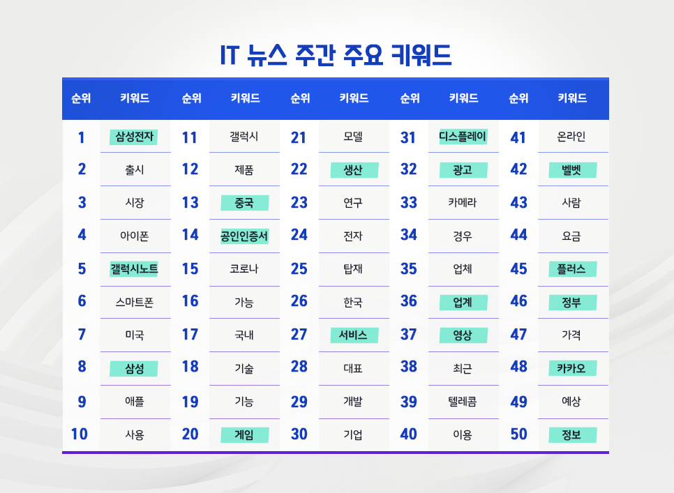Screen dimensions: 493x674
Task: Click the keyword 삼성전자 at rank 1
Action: [x=134, y=137]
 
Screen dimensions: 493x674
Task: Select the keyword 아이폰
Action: [x=134, y=236]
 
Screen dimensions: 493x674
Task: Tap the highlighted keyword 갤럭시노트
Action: [x=134, y=268]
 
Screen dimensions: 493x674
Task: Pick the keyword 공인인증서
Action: [x=244, y=236]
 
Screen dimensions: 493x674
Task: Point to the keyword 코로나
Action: [x=244, y=268]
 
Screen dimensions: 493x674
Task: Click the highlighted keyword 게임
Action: [x=244, y=435]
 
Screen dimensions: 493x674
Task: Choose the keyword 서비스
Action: [x=353, y=335]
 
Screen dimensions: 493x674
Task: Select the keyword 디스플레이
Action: [x=463, y=137]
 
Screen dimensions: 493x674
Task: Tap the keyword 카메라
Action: [x=463, y=203]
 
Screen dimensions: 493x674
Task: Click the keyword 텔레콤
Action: [x=463, y=402]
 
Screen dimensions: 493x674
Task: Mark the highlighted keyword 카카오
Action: [x=571, y=367]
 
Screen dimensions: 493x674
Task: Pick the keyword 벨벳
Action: [x=571, y=169]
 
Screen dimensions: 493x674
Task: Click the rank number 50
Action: [x=518, y=434]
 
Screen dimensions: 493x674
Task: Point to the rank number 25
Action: [x=299, y=268]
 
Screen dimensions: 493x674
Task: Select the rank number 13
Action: [x=190, y=203]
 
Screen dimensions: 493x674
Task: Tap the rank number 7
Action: [x=82, y=335]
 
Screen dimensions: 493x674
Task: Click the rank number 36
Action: [x=409, y=301]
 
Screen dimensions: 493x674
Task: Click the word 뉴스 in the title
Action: [x=266, y=55]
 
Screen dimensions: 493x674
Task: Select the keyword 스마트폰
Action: [x=134, y=302]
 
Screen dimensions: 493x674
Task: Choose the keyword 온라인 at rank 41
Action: [x=571, y=137]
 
